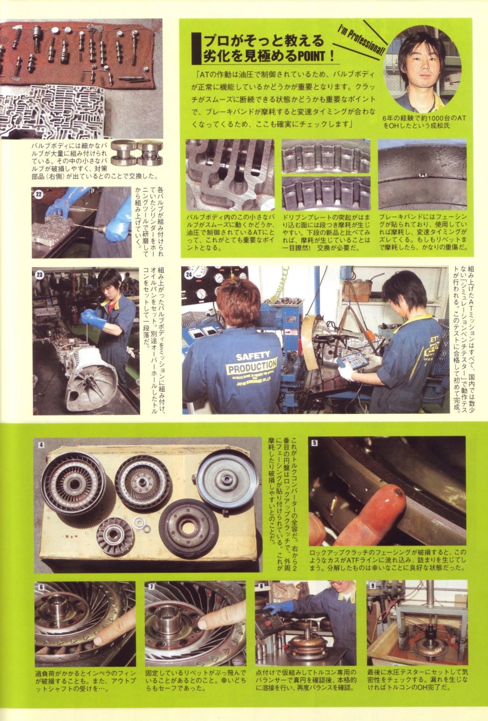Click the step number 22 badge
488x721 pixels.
coord(39,194)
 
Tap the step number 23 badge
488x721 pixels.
coord(40,275)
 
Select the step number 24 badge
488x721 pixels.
coord(189,274)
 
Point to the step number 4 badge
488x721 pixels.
coord(41,445)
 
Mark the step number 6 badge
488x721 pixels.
coord(41,587)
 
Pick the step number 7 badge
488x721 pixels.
coord(151,587)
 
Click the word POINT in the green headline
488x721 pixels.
coord(311,57)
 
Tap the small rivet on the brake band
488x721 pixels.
coord(422,175)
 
